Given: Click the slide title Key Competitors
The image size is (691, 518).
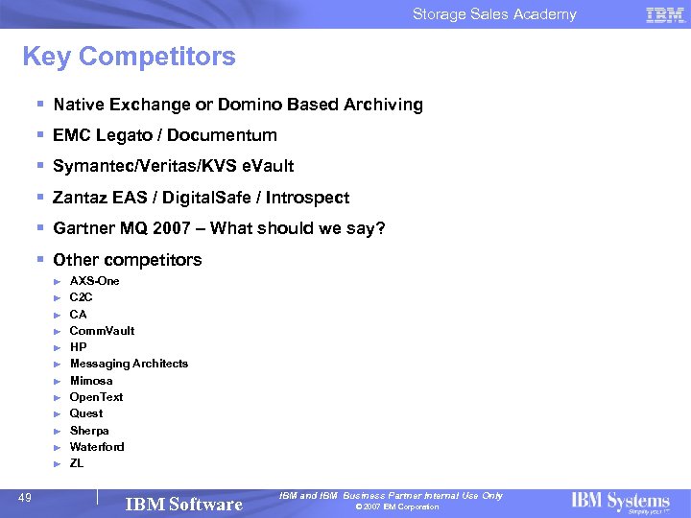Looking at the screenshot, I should coord(129,57).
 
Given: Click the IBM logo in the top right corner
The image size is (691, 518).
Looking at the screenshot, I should coord(665,14).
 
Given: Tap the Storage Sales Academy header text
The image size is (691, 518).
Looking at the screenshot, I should coord(494,14).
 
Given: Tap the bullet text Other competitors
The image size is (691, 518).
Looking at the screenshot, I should coord(128,260).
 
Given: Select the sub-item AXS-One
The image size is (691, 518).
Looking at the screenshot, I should coord(95,281).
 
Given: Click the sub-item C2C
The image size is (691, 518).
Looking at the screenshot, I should coord(82,297).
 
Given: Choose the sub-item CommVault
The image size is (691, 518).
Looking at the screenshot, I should coord(102,331).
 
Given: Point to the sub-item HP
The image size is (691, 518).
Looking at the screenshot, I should coord(78,347).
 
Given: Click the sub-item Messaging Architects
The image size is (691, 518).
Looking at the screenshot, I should coord(129,364).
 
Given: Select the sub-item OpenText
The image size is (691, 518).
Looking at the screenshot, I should coord(96,397).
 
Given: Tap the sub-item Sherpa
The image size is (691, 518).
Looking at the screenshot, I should coord(89,431).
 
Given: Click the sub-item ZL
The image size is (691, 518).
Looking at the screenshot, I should coord(77,463).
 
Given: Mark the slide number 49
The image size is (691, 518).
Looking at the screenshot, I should coord(27,497).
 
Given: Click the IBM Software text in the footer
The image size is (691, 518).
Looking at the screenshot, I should coord(184,504).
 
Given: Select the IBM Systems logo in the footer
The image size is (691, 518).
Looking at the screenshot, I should coord(620,502).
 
